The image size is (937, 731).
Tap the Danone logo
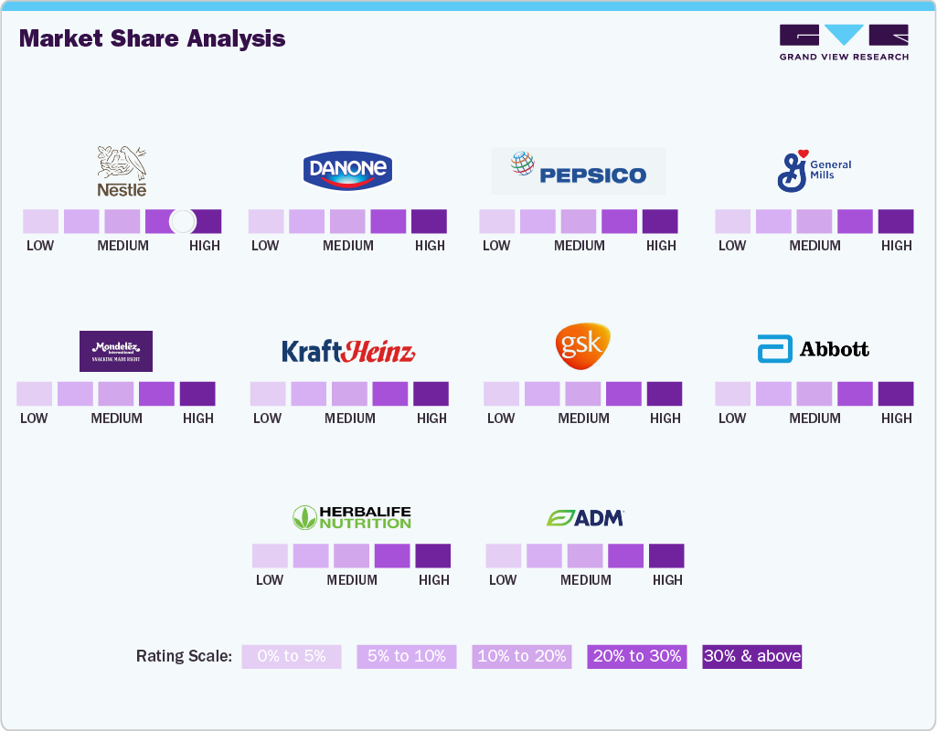tap(347, 170)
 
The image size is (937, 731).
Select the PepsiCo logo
tap(579, 172)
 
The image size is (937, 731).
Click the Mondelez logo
tap(116, 351)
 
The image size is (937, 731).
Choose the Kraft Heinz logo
tap(348, 352)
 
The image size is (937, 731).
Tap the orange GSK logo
tap(582, 346)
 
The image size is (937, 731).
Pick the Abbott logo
tap(813, 349)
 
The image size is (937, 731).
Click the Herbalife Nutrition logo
tap(352, 517)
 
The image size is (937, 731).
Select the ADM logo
tap(585, 517)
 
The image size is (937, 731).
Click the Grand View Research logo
tap(844, 43)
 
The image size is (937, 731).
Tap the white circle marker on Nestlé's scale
tap(183, 221)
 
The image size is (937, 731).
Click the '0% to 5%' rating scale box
tap(292, 656)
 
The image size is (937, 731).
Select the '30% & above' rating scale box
tap(751, 656)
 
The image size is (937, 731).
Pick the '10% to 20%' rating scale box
tap(522, 656)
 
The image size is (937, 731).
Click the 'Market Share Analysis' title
tap(152, 38)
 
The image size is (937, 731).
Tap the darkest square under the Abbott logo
tap(896, 394)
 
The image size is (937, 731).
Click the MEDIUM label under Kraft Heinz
tap(350, 418)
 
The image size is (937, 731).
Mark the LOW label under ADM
tap(503, 580)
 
